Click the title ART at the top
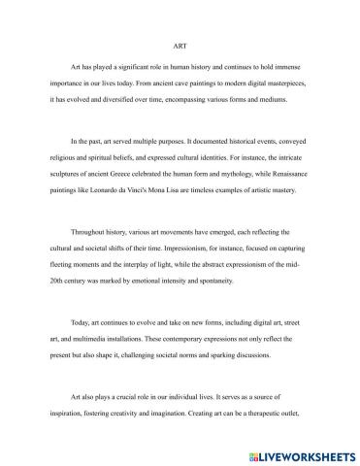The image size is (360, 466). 180,45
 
